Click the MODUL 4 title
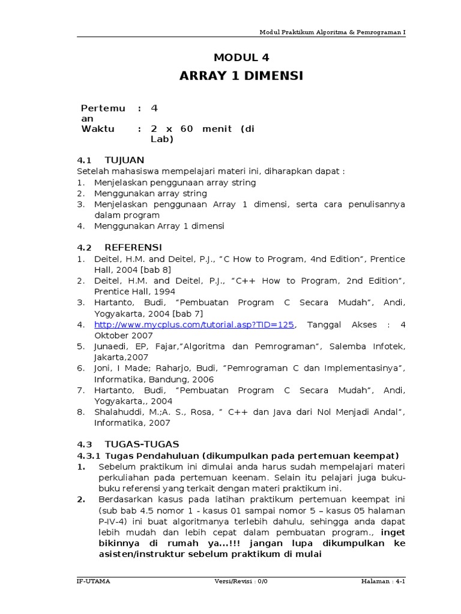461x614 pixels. [241, 58]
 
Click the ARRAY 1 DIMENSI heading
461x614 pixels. [241, 76]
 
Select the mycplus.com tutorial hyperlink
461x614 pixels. [194, 324]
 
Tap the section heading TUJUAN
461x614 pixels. [124, 160]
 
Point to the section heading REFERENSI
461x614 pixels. [133, 247]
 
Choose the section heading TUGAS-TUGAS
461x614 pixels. [142, 444]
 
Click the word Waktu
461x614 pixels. [97, 129]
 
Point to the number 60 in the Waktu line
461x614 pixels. [187, 129]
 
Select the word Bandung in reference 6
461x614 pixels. [158, 379]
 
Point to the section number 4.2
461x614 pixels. [84, 247]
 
